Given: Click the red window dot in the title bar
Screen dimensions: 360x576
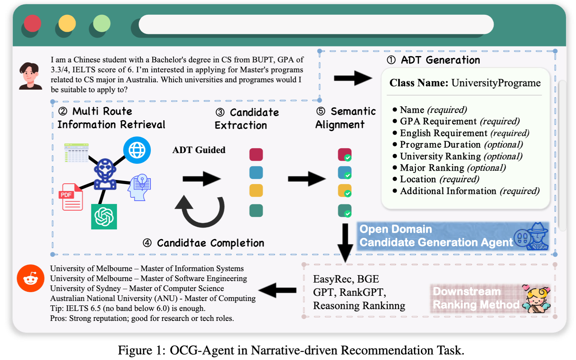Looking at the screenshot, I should click(32, 24).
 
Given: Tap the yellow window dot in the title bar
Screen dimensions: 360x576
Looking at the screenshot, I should click(67, 24).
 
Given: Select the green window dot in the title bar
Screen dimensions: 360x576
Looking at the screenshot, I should click(102, 24).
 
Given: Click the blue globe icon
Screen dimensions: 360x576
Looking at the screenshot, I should click(137, 150).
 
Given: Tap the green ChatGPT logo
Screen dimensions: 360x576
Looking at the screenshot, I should click(104, 217).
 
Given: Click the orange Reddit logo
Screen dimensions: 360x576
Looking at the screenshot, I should click(31, 278).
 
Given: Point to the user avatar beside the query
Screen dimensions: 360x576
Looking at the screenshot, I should click(30, 76).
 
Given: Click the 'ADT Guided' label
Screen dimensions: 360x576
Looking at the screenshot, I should click(199, 150).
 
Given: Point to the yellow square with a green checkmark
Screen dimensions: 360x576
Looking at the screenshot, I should click(344, 191).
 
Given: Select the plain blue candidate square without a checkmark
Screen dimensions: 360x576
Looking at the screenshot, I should click(256, 173).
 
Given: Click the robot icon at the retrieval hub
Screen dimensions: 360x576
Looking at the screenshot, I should click(105, 174).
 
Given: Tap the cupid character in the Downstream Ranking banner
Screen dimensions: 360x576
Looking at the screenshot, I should click(537, 299).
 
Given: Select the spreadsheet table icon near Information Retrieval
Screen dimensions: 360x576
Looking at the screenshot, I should click(76, 153).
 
